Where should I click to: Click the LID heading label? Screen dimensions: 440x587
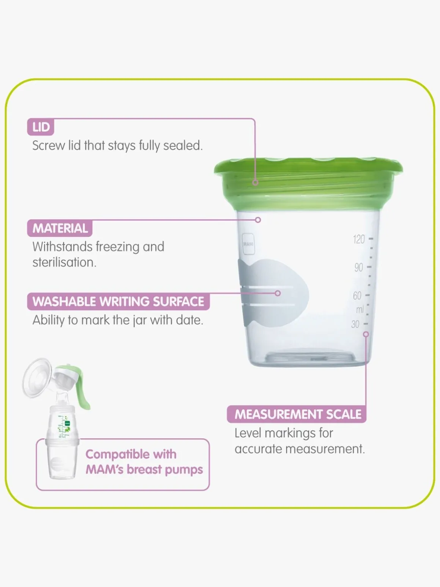click(x=41, y=127)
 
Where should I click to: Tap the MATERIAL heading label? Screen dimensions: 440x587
click(x=60, y=228)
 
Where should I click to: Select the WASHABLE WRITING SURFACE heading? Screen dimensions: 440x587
click(x=118, y=301)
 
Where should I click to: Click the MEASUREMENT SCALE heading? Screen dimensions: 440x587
click(x=297, y=414)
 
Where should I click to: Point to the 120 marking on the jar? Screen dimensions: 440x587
click(x=359, y=239)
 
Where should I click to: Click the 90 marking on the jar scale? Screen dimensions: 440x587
click(x=359, y=268)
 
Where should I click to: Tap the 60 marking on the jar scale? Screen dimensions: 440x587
click(x=357, y=296)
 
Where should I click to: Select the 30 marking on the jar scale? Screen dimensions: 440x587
click(x=355, y=324)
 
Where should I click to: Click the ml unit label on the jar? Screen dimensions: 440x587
click(x=360, y=310)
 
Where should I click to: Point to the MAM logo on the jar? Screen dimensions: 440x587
click(x=248, y=244)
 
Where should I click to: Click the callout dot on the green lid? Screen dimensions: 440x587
click(x=255, y=183)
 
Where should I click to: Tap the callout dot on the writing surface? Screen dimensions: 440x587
click(x=278, y=293)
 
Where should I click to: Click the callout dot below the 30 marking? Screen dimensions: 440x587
click(x=366, y=334)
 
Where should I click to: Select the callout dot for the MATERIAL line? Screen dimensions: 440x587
click(x=258, y=220)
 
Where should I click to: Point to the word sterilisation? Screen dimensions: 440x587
click(x=64, y=262)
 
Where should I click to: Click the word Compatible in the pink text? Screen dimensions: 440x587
click(x=131, y=455)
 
